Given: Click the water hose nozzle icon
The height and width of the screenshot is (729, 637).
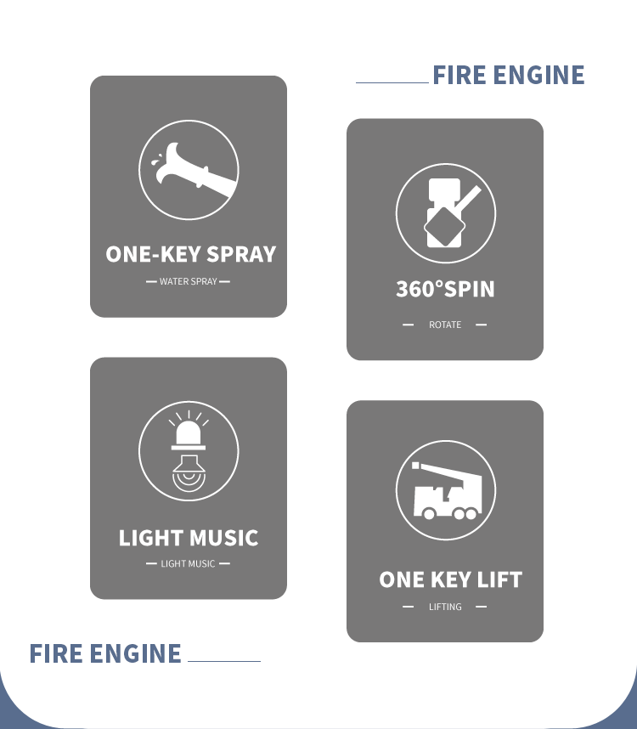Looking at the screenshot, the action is (x=195, y=171).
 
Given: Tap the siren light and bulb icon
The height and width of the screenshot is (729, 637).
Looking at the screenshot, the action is (x=189, y=451).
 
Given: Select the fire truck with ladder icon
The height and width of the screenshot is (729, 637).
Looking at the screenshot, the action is (x=447, y=491).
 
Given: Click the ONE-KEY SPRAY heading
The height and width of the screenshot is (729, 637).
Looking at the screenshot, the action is (x=191, y=254).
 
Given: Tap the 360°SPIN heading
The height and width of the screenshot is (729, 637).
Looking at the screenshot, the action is (x=445, y=289).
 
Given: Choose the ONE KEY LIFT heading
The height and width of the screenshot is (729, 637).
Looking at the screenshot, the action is (x=451, y=579).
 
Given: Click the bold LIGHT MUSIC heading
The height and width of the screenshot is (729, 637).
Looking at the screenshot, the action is (x=189, y=538).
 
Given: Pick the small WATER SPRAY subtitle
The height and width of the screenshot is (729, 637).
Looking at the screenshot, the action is (x=189, y=281).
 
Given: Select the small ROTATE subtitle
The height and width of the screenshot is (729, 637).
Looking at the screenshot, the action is (x=445, y=325).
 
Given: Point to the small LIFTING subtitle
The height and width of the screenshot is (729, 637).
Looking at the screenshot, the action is (x=445, y=607).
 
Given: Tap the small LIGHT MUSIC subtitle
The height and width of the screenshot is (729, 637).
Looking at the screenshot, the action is (x=188, y=563).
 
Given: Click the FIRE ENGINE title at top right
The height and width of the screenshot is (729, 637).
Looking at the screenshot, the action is (x=509, y=75).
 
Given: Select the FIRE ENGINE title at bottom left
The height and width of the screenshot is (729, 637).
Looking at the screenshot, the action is (x=105, y=653).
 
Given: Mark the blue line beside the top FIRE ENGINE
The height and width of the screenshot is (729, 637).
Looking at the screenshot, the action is (x=392, y=82).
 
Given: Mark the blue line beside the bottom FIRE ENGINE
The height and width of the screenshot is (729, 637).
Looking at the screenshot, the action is (x=224, y=661).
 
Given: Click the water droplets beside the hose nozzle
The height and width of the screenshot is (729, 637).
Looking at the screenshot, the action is (x=156, y=160).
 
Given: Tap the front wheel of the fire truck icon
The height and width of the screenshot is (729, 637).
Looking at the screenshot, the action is (x=429, y=514).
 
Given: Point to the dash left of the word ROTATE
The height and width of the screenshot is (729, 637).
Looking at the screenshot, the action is (x=408, y=325).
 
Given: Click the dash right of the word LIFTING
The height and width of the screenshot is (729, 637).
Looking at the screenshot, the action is (x=482, y=607).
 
